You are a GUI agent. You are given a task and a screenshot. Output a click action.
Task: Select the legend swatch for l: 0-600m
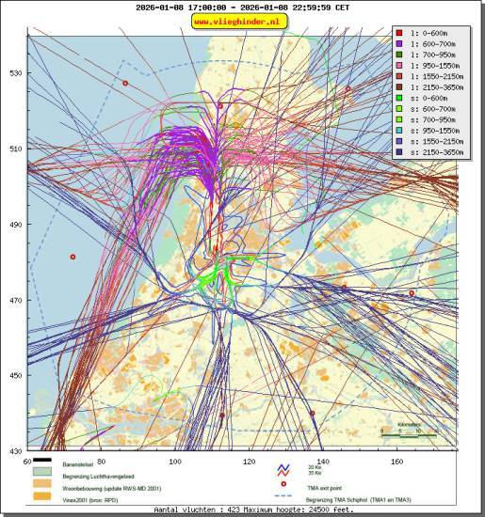tap(401, 34)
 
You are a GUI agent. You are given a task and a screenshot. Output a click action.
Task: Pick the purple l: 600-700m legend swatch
tap(401, 45)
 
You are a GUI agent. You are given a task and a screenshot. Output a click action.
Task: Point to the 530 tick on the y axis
tap(16, 72)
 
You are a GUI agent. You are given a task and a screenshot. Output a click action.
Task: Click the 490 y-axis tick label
tap(16, 224)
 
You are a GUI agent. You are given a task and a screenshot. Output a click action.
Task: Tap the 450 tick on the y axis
tap(16, 375)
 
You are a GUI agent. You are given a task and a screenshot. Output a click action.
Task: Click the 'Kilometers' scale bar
tap(407, 433)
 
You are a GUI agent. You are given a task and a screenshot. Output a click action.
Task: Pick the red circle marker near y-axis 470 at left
tap(72, 257)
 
